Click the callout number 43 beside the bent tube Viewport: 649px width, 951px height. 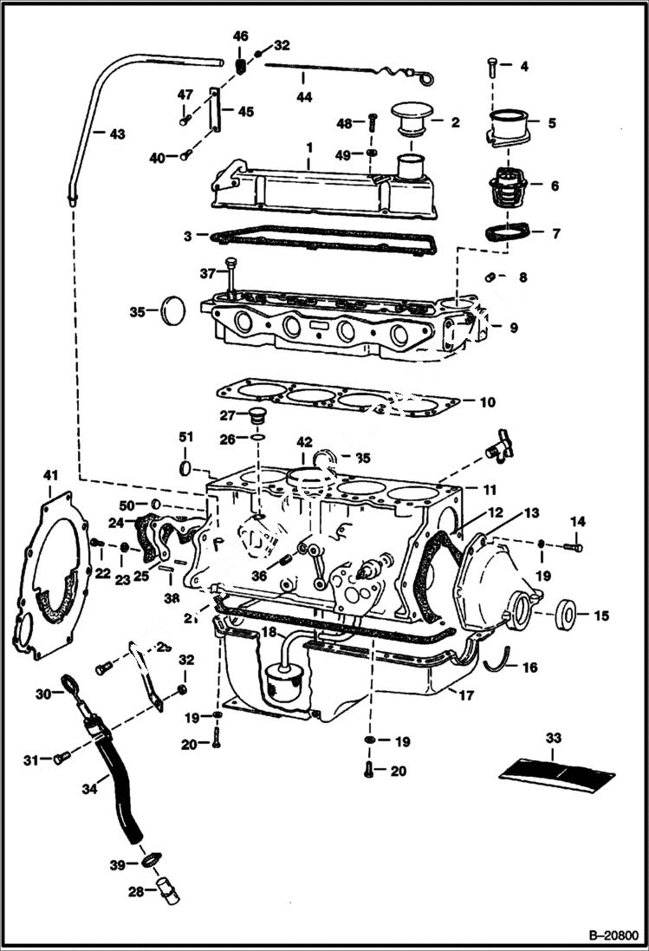coord(116,134)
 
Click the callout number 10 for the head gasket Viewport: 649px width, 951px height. coord(488,402)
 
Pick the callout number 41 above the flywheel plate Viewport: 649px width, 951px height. coord(51,475)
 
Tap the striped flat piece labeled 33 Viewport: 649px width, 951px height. coord(558,771)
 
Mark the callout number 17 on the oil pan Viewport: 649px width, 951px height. coord(466,694)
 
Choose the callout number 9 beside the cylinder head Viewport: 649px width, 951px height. coord(514,328)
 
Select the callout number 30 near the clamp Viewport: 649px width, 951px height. coord(42,694)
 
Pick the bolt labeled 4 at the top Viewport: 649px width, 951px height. coord(493,66)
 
